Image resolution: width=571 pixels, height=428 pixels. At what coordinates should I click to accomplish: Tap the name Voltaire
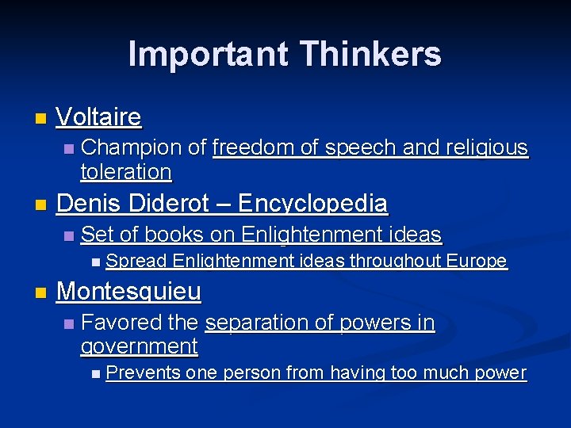point(99,118)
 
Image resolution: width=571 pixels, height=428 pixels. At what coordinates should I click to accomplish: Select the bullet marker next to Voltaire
point(40,120)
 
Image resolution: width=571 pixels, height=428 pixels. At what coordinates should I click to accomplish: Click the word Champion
point(132,147)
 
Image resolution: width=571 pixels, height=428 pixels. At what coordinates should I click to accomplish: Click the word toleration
point(126,171)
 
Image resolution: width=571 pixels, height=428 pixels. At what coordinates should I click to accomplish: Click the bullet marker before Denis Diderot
point(40,205)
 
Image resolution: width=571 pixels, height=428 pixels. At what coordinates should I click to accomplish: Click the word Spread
point(136,262)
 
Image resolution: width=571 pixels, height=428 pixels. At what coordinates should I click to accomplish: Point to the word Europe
point(477,262)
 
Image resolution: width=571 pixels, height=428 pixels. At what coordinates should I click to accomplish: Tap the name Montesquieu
point(128,292)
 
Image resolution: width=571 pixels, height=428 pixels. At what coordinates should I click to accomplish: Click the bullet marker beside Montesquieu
point(40,293)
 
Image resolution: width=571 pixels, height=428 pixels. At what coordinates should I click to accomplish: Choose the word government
point(139,346)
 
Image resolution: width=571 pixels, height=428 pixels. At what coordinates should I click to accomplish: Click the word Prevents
point(143,373)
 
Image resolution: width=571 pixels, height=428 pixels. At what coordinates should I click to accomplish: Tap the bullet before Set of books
point(69,236)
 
